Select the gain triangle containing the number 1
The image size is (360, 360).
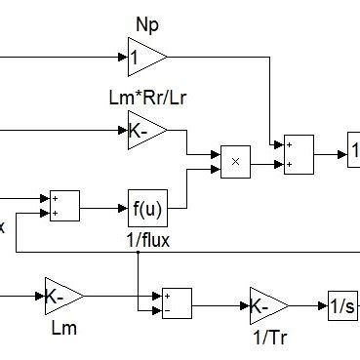144,59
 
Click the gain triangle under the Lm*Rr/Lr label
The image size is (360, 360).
144,129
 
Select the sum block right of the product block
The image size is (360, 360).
299,154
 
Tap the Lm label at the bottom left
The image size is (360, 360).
62,328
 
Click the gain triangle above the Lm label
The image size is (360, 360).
62,294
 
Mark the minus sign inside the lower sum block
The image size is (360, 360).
168,311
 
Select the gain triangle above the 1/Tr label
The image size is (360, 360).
266,304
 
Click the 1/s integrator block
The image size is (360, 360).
343,304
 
